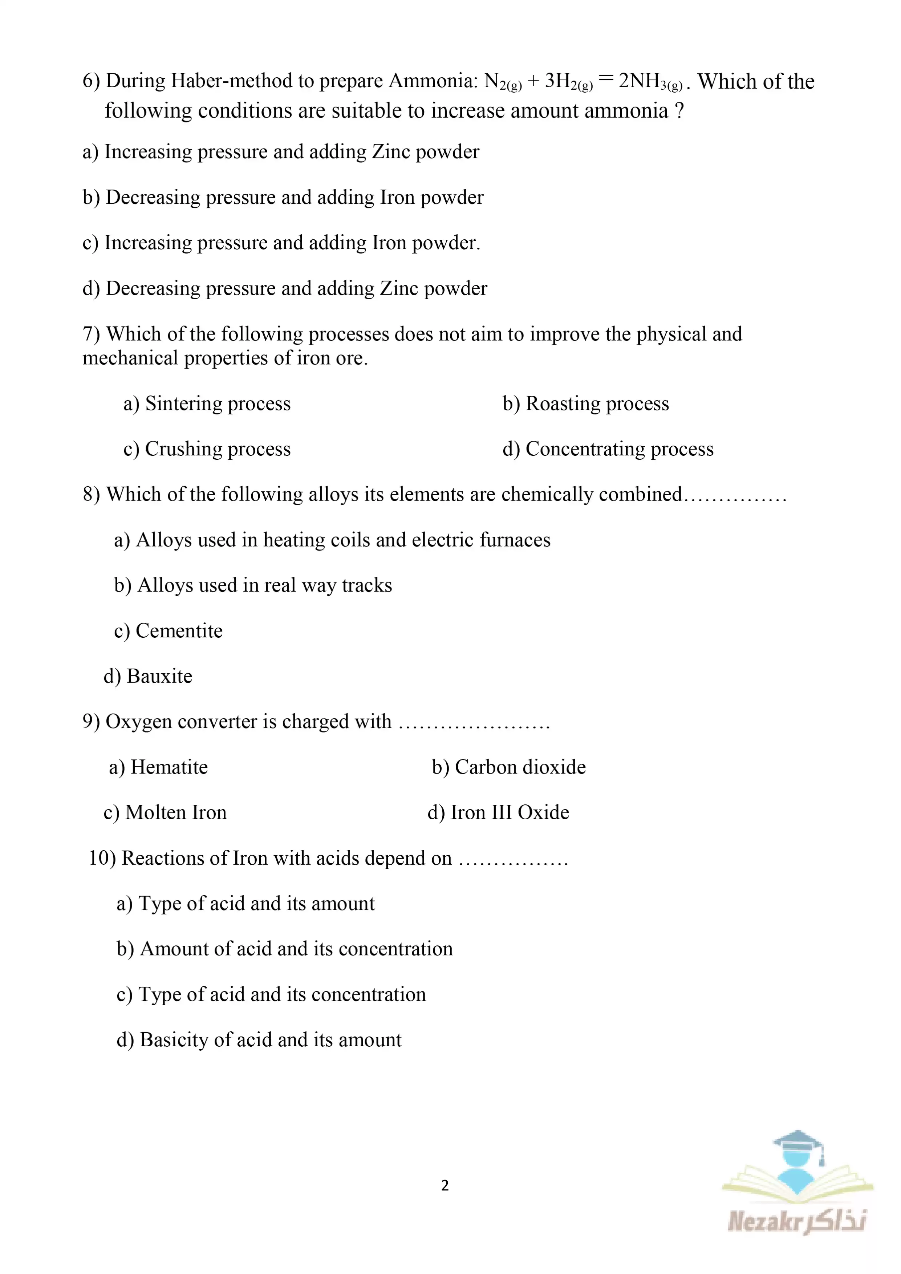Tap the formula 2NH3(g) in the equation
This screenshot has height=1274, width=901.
click(x=650, y=82)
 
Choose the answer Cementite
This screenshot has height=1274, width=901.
click(x=179, y=631)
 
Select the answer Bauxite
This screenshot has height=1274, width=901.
click(x=159, y=676)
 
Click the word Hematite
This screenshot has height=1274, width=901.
click(x=169, y=767)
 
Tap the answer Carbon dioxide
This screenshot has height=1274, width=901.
click(x=520, y=767)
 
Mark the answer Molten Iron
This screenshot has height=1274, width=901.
click(x=176, y=813)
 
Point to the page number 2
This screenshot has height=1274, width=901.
click(x=445, y=1186)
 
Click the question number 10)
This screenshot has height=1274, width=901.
click(x=102, y=859)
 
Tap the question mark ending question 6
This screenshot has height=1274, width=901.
click(x=679, y=111)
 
